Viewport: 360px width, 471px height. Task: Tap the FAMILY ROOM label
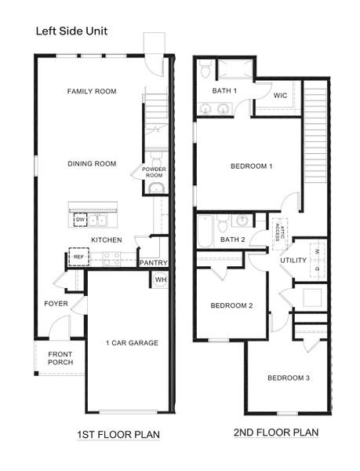pos(91,92)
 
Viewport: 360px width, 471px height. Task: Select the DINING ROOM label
pos(91,164)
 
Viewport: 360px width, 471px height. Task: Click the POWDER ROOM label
pos(154,172)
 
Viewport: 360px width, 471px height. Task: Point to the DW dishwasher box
pos(80,220)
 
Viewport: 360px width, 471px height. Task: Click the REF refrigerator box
pos(78,257)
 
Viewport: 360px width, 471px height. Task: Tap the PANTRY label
pos(153,262)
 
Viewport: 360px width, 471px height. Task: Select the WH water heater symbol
pos(160,279)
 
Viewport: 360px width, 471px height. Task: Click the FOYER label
pos(56,303)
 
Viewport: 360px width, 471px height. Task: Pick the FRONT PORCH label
pos(60,358)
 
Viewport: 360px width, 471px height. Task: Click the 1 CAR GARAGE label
pos(132,342)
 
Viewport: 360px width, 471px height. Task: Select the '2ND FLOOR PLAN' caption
pos(265,433)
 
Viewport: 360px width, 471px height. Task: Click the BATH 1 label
pos(225,91)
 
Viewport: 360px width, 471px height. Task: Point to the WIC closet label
pos(281,96)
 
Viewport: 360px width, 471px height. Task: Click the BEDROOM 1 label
pos(251,166)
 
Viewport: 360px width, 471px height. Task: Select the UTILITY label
pos(293,261)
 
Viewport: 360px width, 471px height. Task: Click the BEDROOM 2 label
pos(231,305)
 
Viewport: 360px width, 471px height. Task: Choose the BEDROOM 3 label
pos(288,378)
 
